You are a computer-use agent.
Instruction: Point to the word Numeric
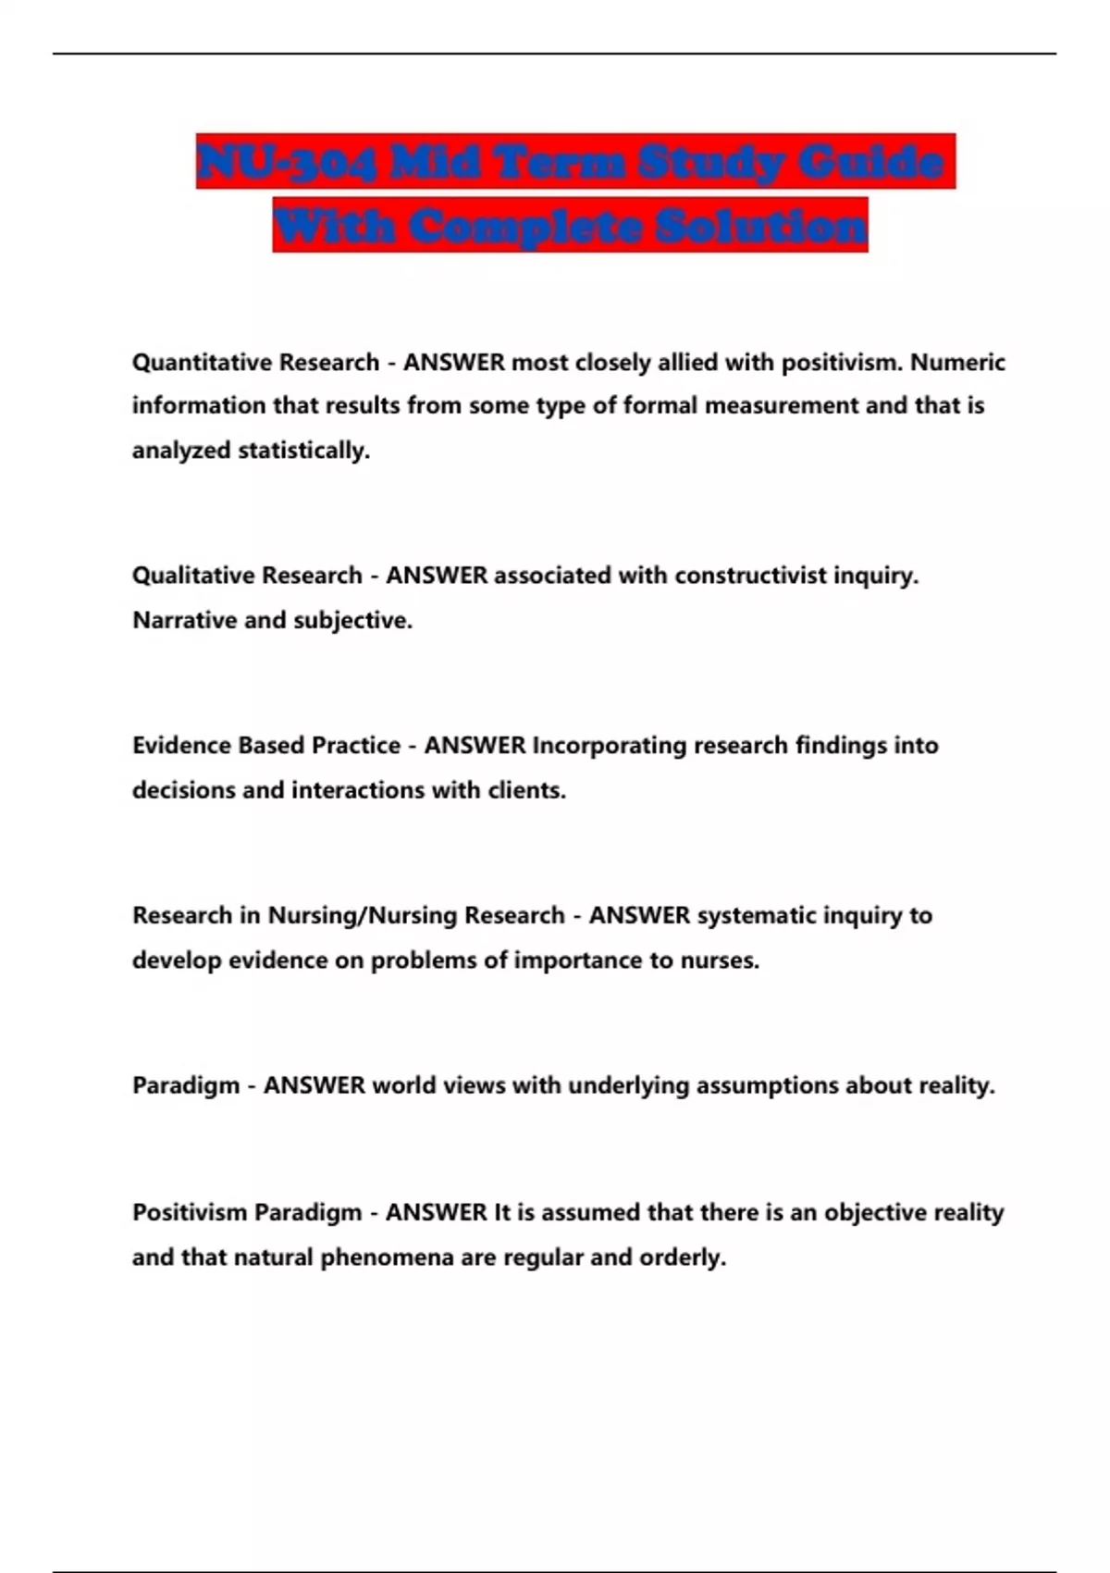click(x=957, y=362)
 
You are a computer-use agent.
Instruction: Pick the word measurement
click(x=782, y=405)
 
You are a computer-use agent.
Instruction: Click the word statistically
click(x=303, y=451)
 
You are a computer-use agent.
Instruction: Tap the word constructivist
click(x=750, y=576)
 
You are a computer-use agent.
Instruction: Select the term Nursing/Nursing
click(x=363, y=915)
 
